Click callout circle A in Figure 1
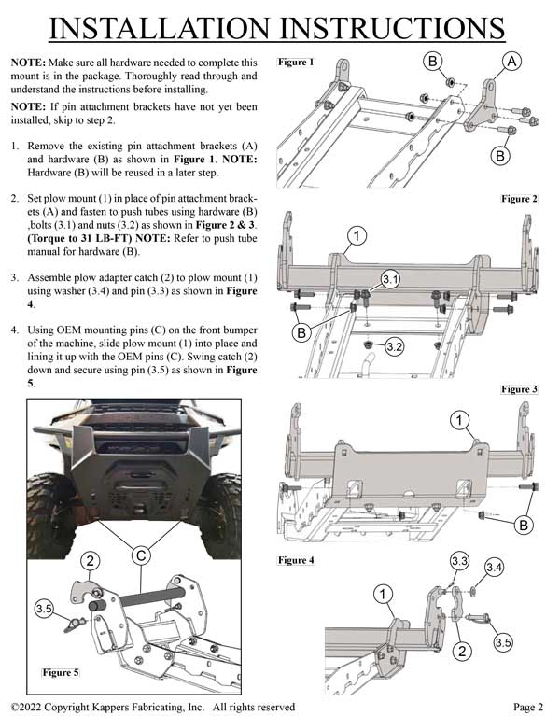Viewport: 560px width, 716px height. (x=511, y=62)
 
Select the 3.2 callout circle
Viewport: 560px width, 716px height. (x=395, y=347)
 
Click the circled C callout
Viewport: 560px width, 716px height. (x=139, y=555)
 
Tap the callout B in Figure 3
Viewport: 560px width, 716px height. (x=525, y=526)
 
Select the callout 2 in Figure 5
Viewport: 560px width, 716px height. (x=90, y=560)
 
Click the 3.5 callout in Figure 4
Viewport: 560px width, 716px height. (x=503, y=641)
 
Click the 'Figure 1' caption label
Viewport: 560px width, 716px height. (x=297, y=63)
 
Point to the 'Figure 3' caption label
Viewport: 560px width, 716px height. (x=519, y=388)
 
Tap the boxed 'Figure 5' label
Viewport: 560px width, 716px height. (x=61, y=671)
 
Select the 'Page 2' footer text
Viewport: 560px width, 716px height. (x=527, y=707)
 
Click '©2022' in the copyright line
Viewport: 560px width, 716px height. (x=30, y=707)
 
